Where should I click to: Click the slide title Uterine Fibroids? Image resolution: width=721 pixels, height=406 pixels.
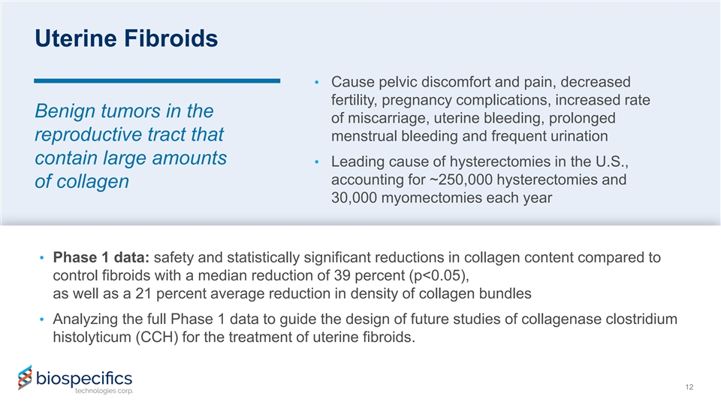(126, 38)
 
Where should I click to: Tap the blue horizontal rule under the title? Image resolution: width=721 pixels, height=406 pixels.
(157, 81)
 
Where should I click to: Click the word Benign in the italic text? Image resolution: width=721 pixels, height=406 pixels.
(65, 111)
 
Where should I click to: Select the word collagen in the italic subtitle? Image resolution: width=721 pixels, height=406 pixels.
(93, 182)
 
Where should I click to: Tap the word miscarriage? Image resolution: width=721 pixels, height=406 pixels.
(387, 118)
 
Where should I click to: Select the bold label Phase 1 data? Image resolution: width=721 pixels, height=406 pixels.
(101, 257)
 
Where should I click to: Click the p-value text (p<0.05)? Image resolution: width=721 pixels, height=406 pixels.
(439, 276)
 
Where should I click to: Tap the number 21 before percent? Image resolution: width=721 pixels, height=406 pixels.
(143, 294)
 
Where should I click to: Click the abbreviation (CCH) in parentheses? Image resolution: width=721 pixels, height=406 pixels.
(157, 338)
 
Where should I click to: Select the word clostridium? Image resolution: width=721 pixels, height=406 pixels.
(641, 319)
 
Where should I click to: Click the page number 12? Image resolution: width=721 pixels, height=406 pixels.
(689, 387)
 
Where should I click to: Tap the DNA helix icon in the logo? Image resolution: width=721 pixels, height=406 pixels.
(25, 377)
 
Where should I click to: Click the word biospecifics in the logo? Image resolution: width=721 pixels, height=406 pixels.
(84, 378)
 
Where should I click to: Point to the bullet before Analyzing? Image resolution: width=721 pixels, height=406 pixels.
(42, 319)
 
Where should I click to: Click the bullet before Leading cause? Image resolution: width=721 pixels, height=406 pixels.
(316, 162)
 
